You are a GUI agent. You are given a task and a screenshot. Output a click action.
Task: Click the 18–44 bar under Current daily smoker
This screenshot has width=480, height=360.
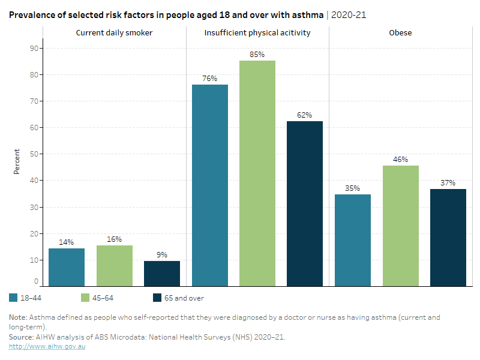(67, 267)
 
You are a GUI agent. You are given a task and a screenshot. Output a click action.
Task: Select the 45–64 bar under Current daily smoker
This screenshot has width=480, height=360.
(114, 266)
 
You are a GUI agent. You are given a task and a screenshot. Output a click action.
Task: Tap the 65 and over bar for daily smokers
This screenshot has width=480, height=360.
(161, 274)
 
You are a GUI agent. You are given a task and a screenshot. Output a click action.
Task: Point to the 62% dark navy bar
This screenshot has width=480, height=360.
(305, 203)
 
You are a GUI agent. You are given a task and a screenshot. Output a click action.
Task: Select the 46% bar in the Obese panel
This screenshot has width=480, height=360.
(400, 226)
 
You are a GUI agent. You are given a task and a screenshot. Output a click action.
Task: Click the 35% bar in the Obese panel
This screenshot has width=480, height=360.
(353, 240)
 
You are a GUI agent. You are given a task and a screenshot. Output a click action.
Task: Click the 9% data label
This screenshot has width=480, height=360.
(162, 254)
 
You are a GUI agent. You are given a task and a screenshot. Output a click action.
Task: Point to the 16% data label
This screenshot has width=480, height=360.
(114, 238)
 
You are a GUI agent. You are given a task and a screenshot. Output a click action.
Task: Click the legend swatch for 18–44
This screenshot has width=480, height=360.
(14, 298)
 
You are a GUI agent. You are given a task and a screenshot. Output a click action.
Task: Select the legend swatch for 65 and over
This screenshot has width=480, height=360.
(158, 298)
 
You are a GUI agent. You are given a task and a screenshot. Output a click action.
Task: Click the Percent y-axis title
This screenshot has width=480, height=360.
(17, 162)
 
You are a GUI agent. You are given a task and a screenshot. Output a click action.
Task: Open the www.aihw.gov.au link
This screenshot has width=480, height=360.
(47, 347)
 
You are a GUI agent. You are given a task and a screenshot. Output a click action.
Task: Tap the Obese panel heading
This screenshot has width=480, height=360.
(400, 32)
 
